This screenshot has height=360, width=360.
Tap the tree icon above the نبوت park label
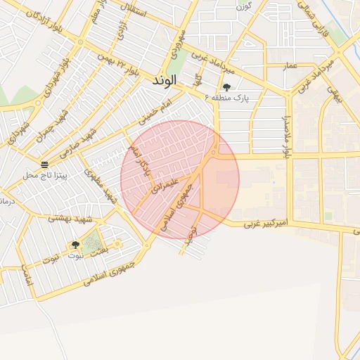point(75,245)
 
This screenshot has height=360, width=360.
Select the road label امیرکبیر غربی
point(266,224)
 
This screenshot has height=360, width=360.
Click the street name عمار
point(290,66)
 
